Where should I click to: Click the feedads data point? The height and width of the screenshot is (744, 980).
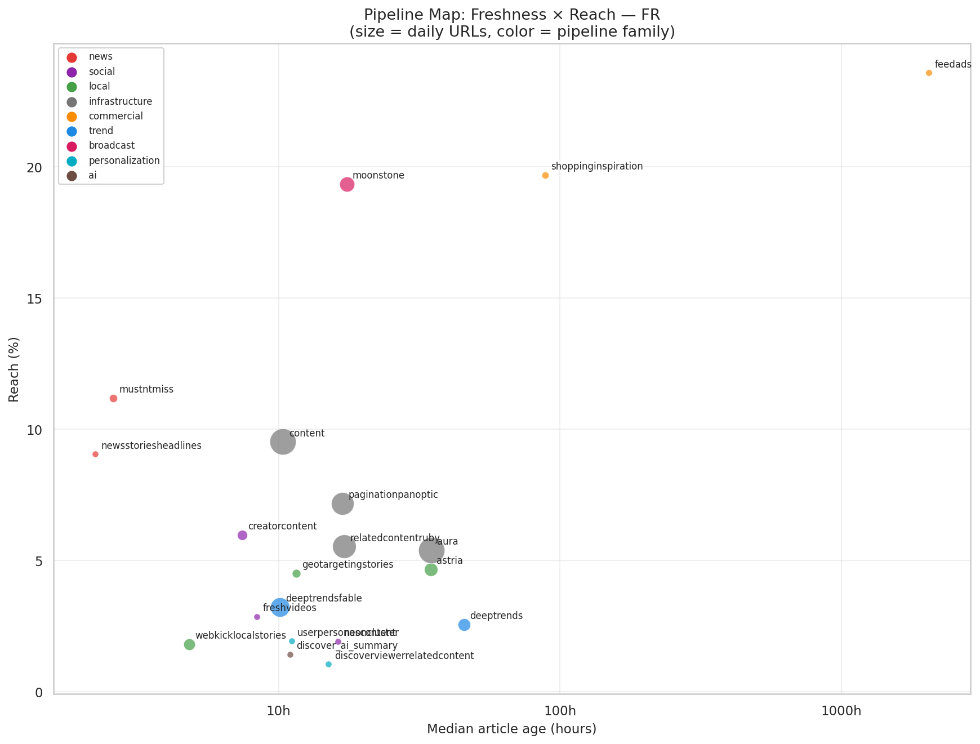click(x=929, y=73)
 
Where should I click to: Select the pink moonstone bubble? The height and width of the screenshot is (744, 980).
click(x=347, y=185)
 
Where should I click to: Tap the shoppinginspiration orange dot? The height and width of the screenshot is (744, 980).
click(x=545, y=176)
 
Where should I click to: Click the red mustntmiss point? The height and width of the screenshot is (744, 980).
click(x=113, y=399)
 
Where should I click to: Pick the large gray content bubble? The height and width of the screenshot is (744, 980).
click(x=283, y=442)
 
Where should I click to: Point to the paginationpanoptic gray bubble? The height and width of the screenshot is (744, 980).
click(x=342, y=504)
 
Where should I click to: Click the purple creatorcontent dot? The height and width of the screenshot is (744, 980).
click(x=242, y=536)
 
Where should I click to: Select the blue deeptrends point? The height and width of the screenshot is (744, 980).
click(x=464, y=625)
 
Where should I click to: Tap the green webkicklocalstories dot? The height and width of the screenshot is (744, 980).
click(x=189, y=645)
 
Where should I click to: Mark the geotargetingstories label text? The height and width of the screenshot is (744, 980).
click(x=348, y=565)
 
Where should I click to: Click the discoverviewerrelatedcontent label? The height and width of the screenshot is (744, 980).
click(x=404, y=656)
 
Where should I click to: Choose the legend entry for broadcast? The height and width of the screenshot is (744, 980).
click(x=112, y=146)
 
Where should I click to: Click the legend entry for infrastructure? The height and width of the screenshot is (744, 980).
click(x=120, y=102)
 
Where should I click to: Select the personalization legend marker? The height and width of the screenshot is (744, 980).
click(x=72, y=161)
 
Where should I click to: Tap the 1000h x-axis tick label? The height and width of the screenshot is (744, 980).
click(x=840, y=711)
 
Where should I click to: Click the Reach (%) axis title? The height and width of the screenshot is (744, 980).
click(x=14, y=370)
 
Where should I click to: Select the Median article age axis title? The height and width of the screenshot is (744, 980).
click(x=511, y=729)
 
